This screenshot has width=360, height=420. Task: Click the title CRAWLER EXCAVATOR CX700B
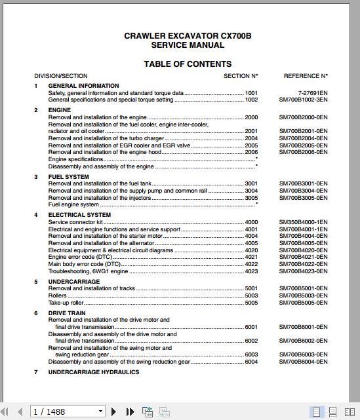188,36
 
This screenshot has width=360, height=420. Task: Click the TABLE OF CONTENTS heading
188,64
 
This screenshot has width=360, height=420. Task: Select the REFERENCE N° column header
305,76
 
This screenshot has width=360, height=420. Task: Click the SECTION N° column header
241,76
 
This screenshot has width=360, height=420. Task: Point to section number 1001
251,93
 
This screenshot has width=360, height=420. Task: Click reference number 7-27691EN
312,93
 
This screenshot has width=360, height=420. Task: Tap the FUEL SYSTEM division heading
69,177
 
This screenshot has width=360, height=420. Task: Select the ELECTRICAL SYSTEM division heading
79,215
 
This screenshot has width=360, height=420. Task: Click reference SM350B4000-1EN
303,223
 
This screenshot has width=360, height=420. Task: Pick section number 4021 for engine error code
251,258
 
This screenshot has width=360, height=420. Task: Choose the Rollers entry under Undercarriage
58,296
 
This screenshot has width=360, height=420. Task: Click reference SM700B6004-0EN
303,362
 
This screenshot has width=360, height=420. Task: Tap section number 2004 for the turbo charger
251,138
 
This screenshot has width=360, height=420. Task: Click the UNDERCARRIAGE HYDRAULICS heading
94,372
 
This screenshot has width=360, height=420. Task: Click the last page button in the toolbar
130,411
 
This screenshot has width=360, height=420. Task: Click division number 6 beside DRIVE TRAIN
36,313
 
